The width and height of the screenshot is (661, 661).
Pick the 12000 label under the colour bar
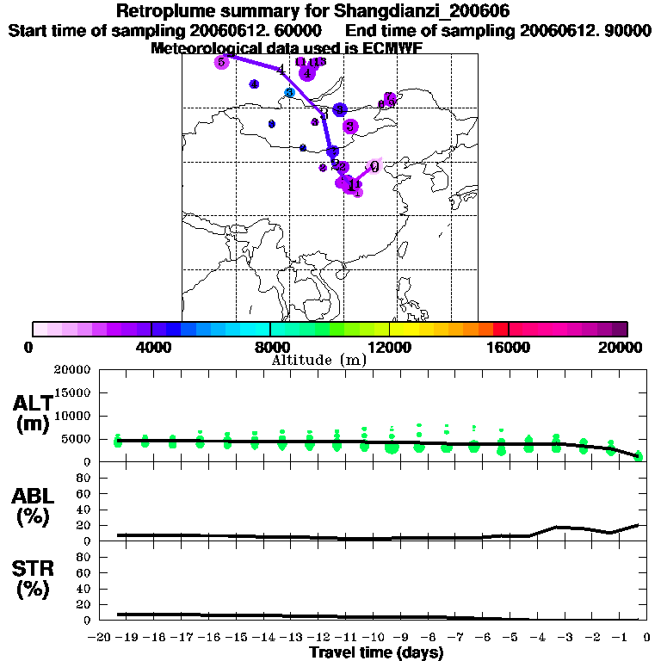389,347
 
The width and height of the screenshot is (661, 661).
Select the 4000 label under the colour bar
151,347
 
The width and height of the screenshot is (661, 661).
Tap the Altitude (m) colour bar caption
318,361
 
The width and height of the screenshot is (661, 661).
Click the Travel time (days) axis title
376,653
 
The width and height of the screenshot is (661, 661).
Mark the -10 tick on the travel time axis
375,637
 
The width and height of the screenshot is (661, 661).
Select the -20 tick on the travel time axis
101,637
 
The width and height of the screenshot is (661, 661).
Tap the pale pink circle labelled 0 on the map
374,166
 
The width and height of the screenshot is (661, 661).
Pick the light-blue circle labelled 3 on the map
290,92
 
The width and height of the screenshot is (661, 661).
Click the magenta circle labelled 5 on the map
221,62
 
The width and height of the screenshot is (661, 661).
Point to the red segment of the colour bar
501,329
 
